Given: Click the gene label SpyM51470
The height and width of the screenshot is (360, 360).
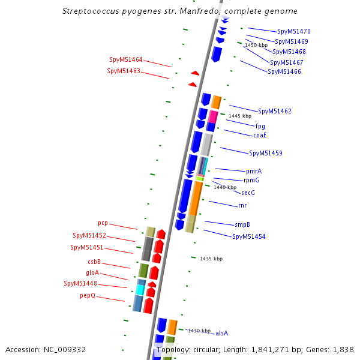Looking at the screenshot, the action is point(293,31).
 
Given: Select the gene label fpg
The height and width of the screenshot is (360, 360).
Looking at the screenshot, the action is point(260,127).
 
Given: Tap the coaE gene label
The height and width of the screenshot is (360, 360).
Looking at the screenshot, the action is point(260,136).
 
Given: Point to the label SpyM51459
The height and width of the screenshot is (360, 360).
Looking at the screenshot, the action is point(265,154).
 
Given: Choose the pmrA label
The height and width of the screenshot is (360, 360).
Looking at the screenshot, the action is point(254,172).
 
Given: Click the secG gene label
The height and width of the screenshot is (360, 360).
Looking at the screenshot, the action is point(248,193).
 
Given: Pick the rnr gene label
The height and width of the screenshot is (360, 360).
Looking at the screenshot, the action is point(242,206).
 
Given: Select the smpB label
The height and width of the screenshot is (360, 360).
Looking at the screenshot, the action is point(242,225).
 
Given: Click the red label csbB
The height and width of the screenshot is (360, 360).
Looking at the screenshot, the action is point(94,262).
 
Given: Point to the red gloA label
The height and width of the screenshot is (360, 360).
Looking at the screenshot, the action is point(92,272).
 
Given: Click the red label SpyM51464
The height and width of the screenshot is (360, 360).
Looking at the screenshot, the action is point(126,60).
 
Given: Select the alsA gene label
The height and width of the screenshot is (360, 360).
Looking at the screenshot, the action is point(222,333).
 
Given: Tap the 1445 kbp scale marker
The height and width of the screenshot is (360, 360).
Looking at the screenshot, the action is point(240,116).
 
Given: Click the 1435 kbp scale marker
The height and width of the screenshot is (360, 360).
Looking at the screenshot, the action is point(211,259).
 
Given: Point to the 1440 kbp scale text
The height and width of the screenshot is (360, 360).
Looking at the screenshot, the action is point(225,188).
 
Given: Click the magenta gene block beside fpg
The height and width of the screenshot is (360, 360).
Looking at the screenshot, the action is point(212,116).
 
